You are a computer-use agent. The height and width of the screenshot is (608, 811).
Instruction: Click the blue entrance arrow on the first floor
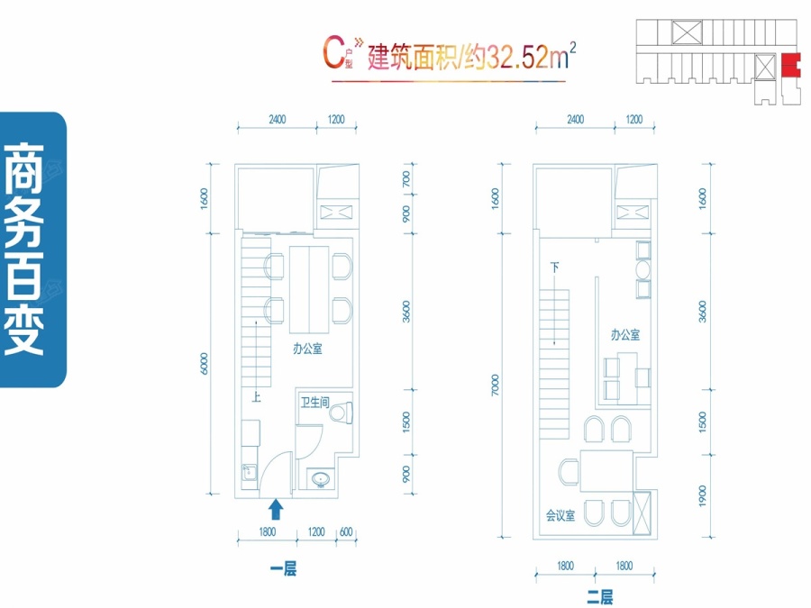(276, 509)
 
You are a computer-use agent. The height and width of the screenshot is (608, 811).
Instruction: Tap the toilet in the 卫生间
(342, 413)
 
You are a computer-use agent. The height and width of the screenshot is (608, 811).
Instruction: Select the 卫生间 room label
(315, 402)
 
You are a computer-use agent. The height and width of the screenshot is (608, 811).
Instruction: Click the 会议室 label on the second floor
(560, 515)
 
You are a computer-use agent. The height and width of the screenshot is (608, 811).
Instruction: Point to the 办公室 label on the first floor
(307, 349)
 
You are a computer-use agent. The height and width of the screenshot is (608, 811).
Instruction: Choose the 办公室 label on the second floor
(625, 334)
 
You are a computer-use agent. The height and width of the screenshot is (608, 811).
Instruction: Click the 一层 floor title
(283, 569)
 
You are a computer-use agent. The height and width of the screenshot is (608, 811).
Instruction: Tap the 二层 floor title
(600, 597)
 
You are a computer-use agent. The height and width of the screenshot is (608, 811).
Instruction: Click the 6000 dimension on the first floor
(205, 364)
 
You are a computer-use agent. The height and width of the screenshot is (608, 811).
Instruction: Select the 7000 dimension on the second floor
(495, 385)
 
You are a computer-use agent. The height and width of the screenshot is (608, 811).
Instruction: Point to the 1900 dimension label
(702, 495)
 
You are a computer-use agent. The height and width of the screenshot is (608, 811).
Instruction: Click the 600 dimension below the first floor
(346, 532)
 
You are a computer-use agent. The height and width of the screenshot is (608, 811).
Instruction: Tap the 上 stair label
(256, 397)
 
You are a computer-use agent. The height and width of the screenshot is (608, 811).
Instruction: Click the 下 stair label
(554, 268)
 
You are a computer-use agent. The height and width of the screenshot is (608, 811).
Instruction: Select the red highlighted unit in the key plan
(790, 66)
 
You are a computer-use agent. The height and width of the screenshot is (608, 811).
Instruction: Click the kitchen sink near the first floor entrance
(250, 473)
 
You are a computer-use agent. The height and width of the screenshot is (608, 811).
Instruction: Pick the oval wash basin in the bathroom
(321, 479)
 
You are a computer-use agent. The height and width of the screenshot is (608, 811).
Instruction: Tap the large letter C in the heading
(334, 51)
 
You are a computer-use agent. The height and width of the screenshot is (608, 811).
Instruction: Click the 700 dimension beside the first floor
(406, 179)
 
